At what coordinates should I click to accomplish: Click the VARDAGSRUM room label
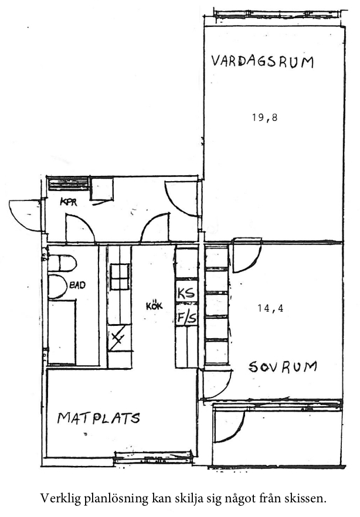(262, 62)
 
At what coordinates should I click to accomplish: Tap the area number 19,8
(265, 117)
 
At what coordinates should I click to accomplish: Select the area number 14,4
(270, 308)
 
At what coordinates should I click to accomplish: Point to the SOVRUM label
(283, 367)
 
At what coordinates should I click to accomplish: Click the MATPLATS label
(99, 418)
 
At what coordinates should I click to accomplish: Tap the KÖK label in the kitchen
(154, 307)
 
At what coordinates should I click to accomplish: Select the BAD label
(77, 284)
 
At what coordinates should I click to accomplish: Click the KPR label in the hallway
(69, 202)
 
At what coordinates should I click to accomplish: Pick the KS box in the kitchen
(186, 292)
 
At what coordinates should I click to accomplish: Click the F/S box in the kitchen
(186, 315)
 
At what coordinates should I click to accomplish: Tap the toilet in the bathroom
(62, 263)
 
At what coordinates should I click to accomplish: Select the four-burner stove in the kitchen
(119, 277)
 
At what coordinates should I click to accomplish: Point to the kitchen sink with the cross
(119, 339)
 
